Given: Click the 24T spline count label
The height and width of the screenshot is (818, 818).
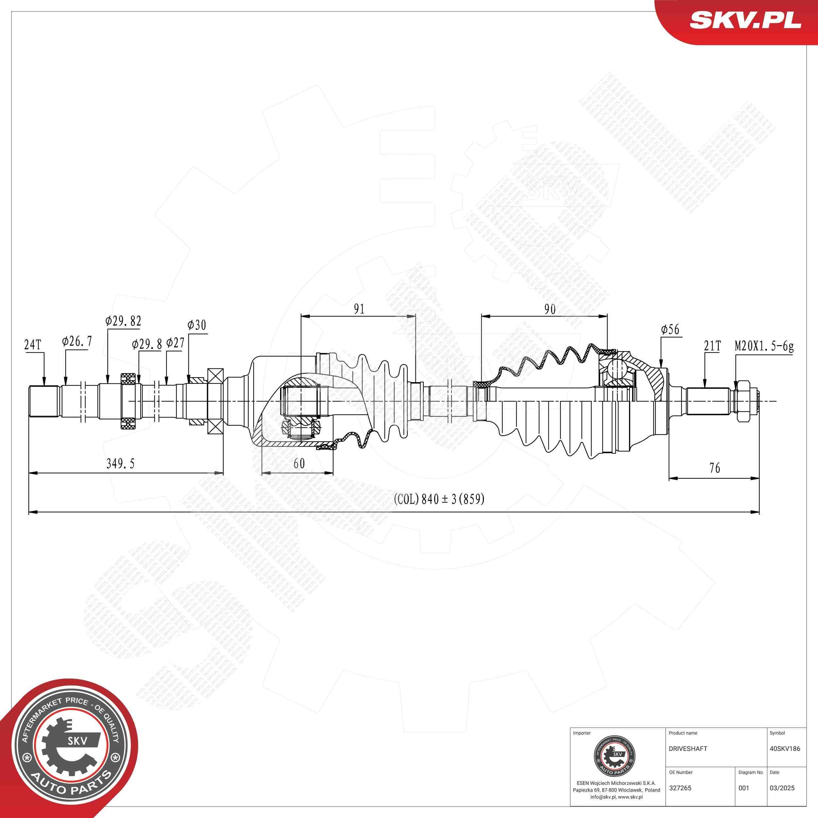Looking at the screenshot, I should click(x=33, y=345).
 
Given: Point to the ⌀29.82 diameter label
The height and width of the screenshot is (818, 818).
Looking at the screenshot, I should click(x=123, y=321).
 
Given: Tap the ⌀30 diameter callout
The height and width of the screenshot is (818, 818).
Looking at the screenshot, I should click(x=197, y=325).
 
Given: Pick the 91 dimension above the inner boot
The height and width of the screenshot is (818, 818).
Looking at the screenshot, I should click(x=359, y=309).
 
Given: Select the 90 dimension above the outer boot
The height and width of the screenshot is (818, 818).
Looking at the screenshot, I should click(x=550, y=309).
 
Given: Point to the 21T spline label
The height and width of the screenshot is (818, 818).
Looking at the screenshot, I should click(x=712, y=346).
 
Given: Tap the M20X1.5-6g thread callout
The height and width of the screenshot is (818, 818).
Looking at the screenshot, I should click(x=764, y=346).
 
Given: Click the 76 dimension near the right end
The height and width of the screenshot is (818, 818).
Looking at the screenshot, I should click(x=715, y=468).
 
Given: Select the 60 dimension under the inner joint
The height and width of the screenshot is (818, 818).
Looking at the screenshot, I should click(x=299, y=463).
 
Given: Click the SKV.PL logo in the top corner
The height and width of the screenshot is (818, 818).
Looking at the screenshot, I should click(x=745, y=20).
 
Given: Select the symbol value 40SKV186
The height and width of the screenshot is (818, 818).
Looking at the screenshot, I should click(x=785, y=749).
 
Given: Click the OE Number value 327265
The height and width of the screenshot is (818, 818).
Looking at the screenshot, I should click(x=680, y=788).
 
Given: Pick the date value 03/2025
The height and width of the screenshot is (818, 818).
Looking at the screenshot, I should click(x=782, y=788).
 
